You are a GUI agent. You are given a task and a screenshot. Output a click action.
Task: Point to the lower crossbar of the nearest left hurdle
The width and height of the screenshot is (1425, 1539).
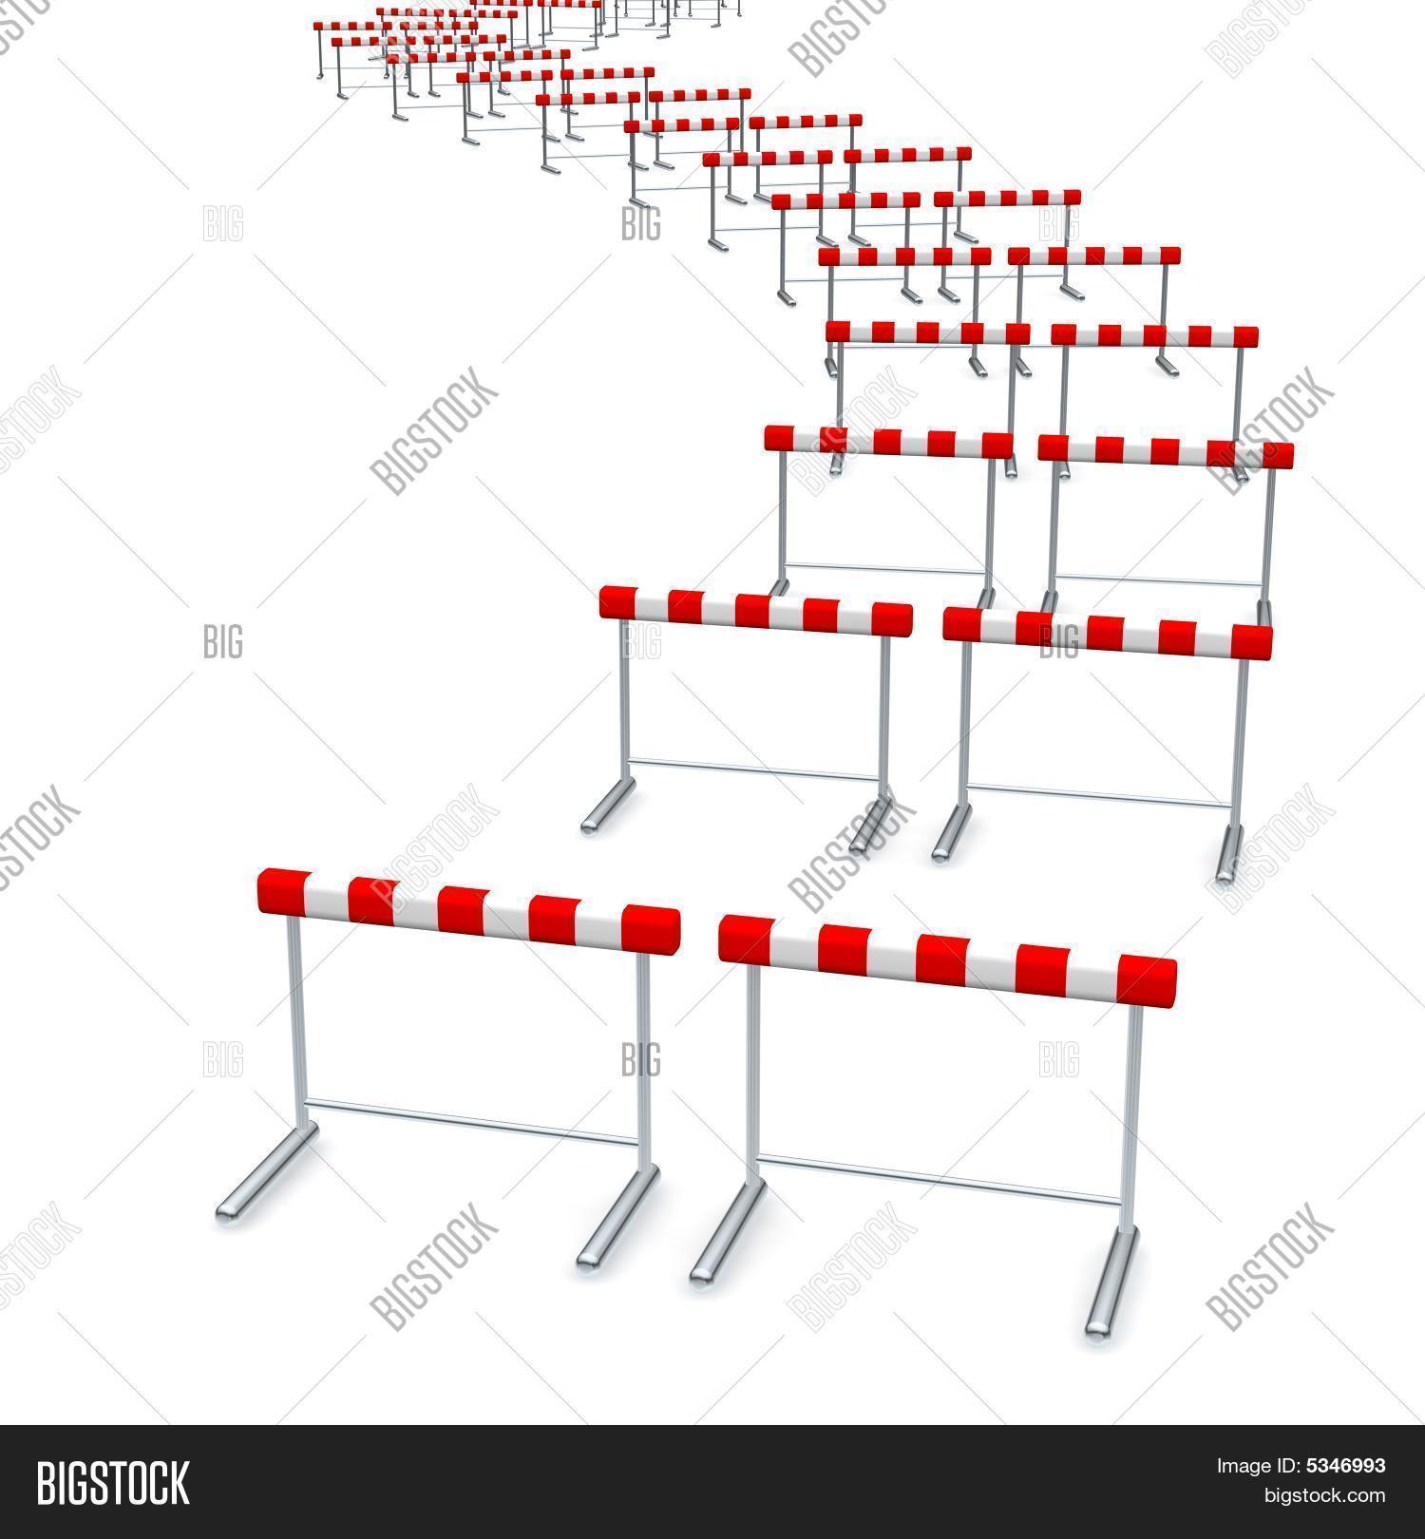[470, 1121]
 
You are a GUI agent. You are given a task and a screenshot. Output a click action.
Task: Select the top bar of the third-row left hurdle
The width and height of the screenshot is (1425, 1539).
[888, 442]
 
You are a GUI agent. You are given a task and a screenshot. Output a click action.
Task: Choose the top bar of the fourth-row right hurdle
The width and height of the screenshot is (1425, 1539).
[1154, 335]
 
